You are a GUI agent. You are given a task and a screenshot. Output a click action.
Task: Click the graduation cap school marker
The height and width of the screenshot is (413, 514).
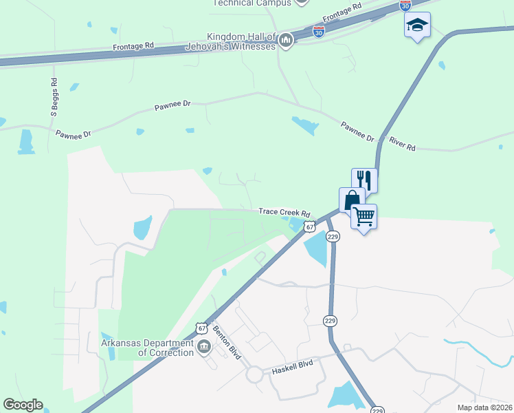pyautogui.click(x=416, y=25)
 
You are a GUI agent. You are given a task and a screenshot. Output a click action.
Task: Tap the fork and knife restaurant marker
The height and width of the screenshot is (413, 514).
pyautogui.click(x=364, y=180)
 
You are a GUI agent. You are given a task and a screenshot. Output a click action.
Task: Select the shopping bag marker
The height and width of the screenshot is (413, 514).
pyautogui.click(x=352, y=200)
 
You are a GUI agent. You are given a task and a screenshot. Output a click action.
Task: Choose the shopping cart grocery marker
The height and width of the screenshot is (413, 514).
pyautogui.click(x=364, y=217)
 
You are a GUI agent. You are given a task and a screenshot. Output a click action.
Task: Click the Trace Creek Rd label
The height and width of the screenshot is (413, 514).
pyautogui.click(x=284, y=213)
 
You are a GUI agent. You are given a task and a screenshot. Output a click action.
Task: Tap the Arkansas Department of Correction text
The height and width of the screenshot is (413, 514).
pyautogui.click(x=146, y=348)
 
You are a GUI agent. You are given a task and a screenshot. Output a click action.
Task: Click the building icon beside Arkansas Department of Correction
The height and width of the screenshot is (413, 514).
pyautogui.click(x=203, y=347)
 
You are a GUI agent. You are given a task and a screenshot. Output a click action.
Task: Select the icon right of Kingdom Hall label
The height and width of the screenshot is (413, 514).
pyautogui.click(x=287, y=41)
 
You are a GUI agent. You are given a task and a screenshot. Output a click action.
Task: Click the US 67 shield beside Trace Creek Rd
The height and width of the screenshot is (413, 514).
pyautogui.click(x=310, y=226)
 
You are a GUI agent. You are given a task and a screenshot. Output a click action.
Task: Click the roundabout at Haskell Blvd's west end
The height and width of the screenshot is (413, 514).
pyautogui.click(x=255, y=374)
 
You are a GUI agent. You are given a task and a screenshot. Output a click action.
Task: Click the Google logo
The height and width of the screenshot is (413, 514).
pyautogui.click(x=23, y=405)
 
